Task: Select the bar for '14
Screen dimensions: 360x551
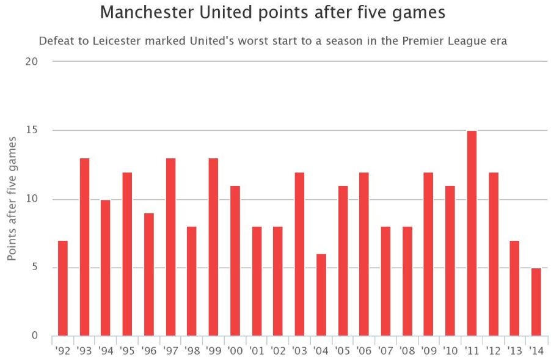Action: point(536,302)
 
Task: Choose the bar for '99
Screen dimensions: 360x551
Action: point(213,247)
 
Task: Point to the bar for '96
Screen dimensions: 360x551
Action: point(148,274)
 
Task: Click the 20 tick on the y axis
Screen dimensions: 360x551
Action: point(32,62)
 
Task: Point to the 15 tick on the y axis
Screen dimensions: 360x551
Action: point(32,130)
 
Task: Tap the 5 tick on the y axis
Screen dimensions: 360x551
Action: point(35,268)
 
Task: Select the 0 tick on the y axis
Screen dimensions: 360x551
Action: point(35,336)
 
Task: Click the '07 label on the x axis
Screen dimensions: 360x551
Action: point(385,351)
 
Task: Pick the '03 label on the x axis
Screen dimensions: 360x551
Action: point(299,351)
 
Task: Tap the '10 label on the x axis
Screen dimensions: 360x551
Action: point(450,351)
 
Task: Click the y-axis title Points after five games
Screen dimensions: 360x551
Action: point(12,199)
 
